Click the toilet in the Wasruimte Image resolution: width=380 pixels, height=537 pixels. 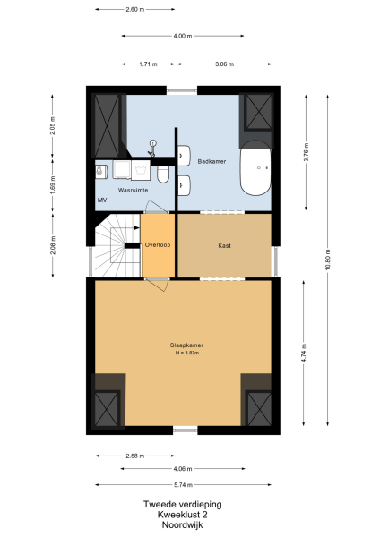coord(163,173)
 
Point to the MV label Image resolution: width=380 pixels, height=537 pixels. coord(101,200)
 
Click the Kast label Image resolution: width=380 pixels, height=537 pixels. coord(225,244)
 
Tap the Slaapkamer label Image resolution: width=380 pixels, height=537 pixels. coord(186,345)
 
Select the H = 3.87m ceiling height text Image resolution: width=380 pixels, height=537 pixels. coord(186,354)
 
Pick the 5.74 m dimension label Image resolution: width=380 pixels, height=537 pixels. coord(183,484)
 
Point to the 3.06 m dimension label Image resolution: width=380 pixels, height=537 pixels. coord(225,64)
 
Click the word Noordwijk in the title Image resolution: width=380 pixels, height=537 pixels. coord(183,526)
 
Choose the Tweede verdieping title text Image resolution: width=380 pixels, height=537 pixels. coord(183,504)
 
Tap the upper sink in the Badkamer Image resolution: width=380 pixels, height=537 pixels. coord(183,155)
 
